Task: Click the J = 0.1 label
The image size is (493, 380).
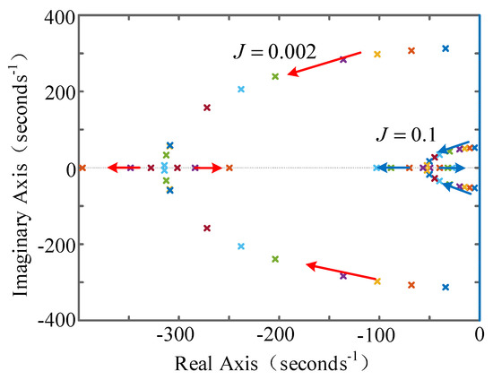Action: point(406,135)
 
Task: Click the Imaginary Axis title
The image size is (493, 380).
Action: point(18,168)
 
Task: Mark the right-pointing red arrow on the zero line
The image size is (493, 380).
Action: point(203,168)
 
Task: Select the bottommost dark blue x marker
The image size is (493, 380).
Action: point(445,287)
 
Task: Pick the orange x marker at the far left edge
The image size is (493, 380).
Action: point(82,168)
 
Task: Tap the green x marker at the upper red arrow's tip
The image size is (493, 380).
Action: point(275,76)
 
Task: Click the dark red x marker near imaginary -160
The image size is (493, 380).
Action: point(207,228)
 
